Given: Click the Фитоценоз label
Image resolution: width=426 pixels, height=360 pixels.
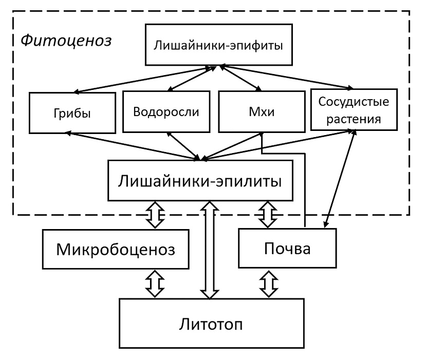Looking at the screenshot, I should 66,40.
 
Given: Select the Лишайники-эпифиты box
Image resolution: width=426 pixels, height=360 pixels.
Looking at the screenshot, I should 218,45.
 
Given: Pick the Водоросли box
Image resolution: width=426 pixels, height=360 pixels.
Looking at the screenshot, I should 165,111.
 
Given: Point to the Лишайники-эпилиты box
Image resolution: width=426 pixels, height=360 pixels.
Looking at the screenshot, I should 200,180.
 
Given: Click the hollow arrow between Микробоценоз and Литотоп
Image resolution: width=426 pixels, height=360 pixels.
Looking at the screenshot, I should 155,283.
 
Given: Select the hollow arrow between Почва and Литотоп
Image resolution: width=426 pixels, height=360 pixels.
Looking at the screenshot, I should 268,283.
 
